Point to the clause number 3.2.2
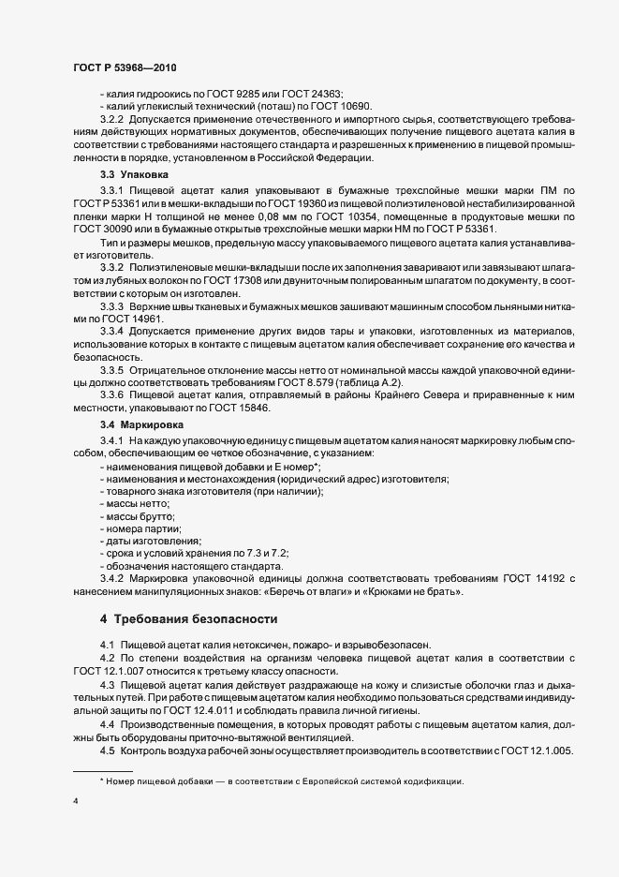(112, 119)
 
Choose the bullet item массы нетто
(141, 504)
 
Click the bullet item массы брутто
(143, 516)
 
